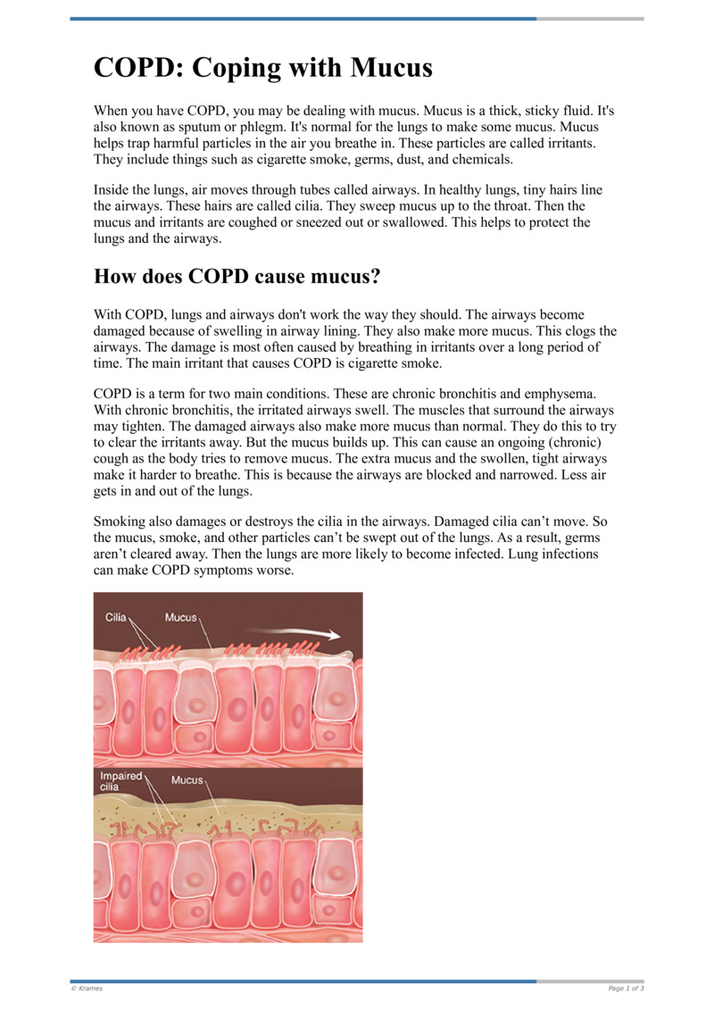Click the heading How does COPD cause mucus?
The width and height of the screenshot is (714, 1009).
pyautogui.click(x=237, y=277)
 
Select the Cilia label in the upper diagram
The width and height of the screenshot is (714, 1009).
pyautogui.click(x=116, y=617)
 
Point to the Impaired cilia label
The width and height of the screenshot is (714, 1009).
pyautogui.click(x=120, y=781)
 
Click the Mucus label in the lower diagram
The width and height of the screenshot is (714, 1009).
pyautogui.click(x=187, y=780)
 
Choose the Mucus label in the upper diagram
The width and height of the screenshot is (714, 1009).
pyautogui.click(x=181, y=617)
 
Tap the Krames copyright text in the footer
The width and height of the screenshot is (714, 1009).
pyautogui.click(x=87, y=988)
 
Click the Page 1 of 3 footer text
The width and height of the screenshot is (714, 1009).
pyautogui.click(x=626, y=988)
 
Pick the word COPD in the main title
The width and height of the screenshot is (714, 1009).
pyautogui.click(x=137, y=68)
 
